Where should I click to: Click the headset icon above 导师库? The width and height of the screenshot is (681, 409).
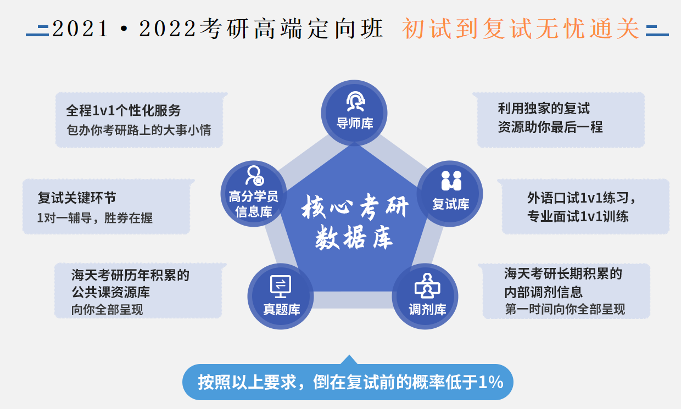tap(355, 102)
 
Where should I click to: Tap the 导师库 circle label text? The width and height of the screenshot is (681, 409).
tap(355, 124)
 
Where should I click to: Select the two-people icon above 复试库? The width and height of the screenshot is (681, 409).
tap(451, 181)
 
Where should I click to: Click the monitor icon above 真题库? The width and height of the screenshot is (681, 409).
tap(280, 286)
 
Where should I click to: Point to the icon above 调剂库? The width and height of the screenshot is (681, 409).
tap(427, 285)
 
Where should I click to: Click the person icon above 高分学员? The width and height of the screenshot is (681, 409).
tap(255, 176)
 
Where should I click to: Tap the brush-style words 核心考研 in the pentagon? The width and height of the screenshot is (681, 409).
tap(355, 206)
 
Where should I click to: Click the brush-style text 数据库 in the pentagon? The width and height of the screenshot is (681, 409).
tap(354, 238)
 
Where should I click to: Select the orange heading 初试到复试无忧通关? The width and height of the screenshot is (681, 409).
tap(520, 29)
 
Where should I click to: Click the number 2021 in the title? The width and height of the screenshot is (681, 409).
tap(80, 29)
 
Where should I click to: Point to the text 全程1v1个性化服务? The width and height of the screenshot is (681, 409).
tap(124, 110)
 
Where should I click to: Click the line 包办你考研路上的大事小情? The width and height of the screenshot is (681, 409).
tap(138, 130)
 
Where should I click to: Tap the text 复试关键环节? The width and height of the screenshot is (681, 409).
tap(77, 198)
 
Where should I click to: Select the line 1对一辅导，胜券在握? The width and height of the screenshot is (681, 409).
tap(95, 218)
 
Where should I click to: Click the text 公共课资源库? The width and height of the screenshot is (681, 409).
tap(111, 292)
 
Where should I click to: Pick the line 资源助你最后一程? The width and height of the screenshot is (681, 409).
tap(550, 127)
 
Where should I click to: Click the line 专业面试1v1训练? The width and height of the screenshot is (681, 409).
tap(578, 217)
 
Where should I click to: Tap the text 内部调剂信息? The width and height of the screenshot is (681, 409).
tap(544, 292)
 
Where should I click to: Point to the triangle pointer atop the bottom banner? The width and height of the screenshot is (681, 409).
tap(349, 360)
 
